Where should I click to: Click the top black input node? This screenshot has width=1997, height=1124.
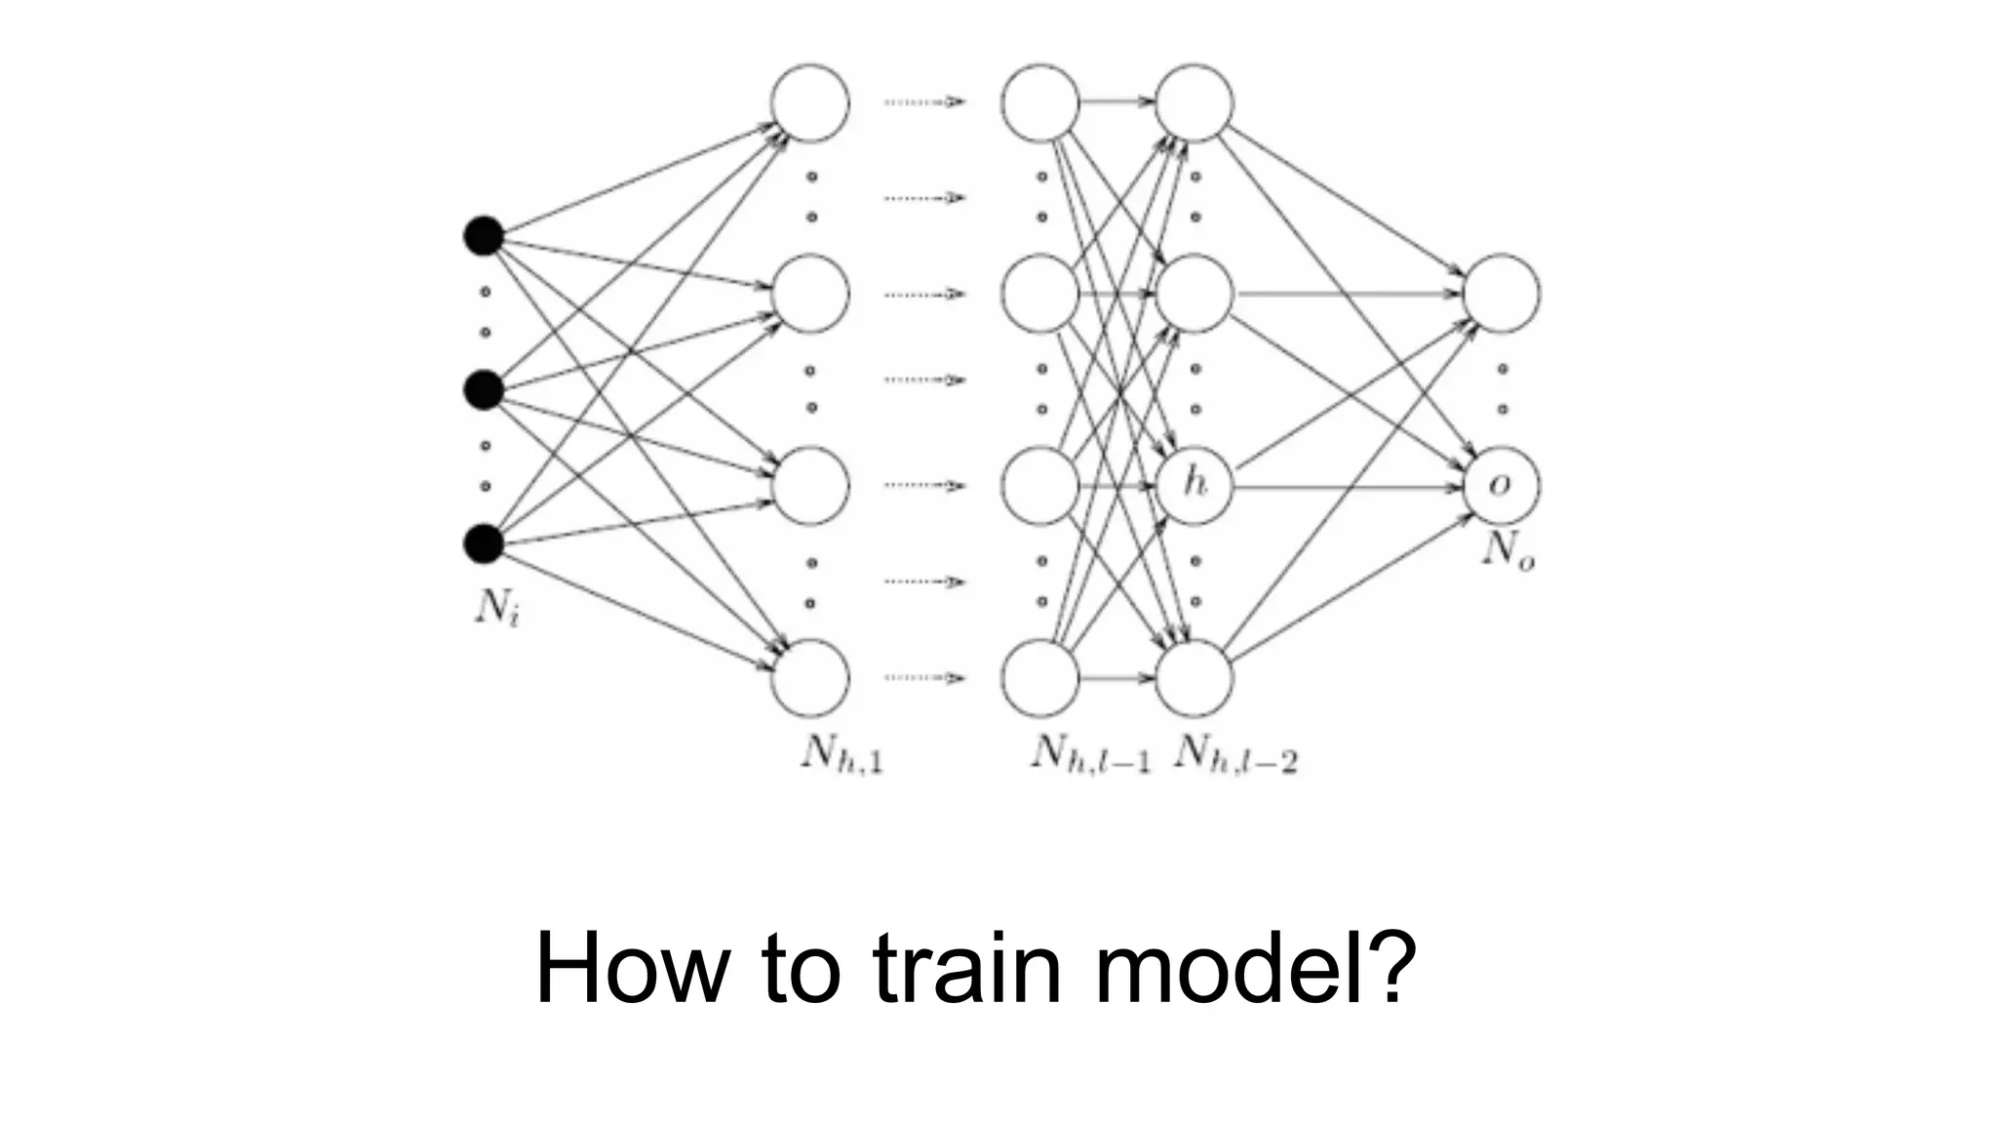(483, 236)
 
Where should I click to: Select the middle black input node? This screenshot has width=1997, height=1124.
(483, 390)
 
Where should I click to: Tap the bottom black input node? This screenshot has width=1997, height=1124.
(483, 543)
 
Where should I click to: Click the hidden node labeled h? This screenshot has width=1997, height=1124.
(1194, 485)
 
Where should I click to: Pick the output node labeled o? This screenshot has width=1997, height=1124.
(1502, 485)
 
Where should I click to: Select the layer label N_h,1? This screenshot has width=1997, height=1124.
(842, 753)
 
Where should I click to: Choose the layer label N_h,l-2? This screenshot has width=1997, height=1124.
(1236, 753)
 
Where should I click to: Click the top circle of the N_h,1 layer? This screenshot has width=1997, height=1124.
(810, 102)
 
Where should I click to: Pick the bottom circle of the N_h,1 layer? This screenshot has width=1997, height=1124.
(810, 677)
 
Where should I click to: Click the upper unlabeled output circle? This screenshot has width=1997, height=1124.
(1502, 293)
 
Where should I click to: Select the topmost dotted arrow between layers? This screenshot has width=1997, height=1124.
(924, 101)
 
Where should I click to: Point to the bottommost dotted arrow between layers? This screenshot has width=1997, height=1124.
(924, 677)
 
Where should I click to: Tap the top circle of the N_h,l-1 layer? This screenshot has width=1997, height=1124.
(1040, 102)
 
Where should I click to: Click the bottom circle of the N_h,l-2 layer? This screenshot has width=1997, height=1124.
(1194, 677)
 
